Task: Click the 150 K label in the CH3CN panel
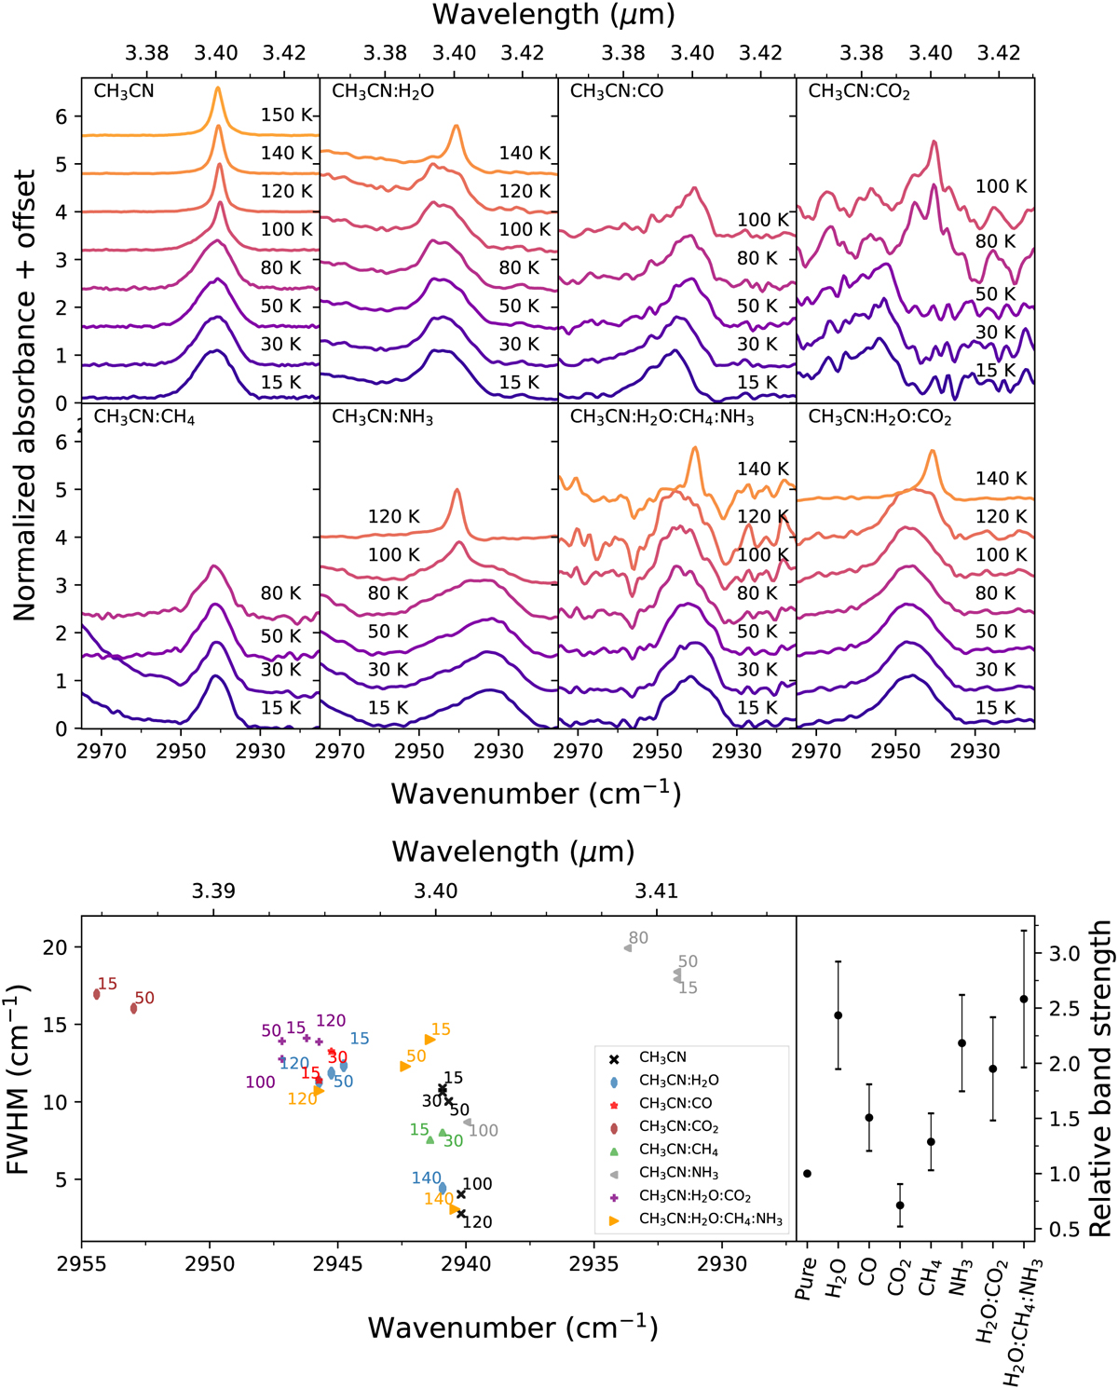click(x=286, y=115)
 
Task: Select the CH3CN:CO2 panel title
click(x=859, y=91)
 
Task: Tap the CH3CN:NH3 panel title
click(x=383, y=416)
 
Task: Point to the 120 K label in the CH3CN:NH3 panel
click(x=393, y=516)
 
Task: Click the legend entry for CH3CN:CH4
click(x=678, y=1150)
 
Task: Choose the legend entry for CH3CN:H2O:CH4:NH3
click(x=710, y=1219)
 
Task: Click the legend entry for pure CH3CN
click(x=662, y=1057)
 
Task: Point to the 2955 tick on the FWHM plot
click(x=82, y=1264)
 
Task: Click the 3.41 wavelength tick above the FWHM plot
click(x=657, y=891)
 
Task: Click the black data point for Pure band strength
click(x=807, y=1173)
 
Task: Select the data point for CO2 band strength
click(x=900, y=1205)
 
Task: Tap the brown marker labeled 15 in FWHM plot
click(x=97, y=994)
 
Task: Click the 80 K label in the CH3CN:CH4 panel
click(x=280, y=593)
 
